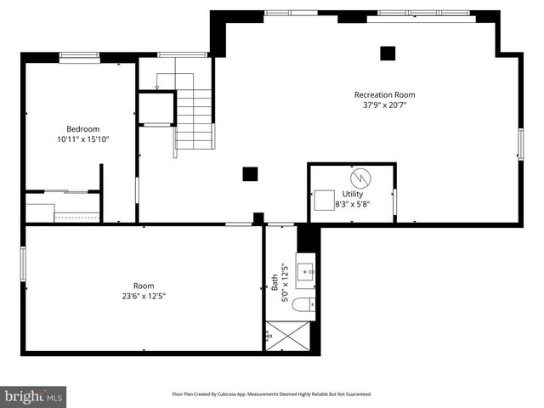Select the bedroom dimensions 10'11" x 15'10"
click(82, 139)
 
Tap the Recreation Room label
click(384, 94)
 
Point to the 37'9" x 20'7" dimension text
click(384, 105)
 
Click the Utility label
click(352, 194)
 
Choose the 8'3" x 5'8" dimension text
click(352, 204)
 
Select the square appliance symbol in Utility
click(324, 200)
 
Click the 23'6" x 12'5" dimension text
click(144, 297)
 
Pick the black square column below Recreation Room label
click(250, 173)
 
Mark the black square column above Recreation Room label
click(388, 53)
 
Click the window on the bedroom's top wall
click(79, 56)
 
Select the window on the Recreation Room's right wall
click(520, 144)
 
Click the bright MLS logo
click(34, 396)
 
